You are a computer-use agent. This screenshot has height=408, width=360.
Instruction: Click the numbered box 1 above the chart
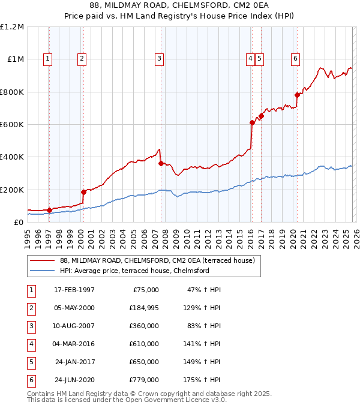(47, 58)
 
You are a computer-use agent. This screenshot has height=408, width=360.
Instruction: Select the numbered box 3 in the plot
(159, 58)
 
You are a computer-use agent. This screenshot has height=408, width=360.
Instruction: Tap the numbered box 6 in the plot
(296, 58)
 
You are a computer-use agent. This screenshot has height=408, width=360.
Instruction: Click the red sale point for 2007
(161, 163)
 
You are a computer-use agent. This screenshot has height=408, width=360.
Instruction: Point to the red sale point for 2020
(297, 95)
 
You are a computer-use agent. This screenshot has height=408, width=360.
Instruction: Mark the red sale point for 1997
(49, 210)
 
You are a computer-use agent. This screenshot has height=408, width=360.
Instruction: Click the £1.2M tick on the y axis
(12, 26)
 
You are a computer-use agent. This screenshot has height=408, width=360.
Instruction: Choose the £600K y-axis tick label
(12, 124)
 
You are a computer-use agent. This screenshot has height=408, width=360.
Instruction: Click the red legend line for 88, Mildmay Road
(43, 260)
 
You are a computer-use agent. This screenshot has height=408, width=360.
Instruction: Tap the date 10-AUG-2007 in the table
(74, 326)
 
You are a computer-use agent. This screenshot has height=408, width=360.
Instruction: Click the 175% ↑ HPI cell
(203, 380)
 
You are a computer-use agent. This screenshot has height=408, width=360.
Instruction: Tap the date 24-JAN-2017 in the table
(74, 362)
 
